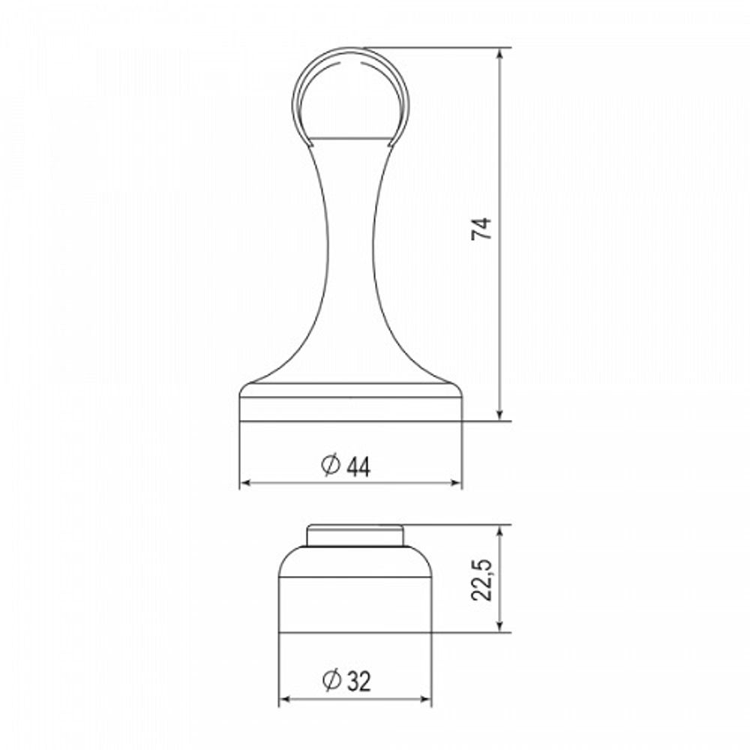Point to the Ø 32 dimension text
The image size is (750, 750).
pos(346,681)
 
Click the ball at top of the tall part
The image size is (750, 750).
pos(350,94)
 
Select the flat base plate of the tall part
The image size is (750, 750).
pos(350,405)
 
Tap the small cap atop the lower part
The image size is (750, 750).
pos(355,536)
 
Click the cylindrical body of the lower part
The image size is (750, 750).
pos(355,604)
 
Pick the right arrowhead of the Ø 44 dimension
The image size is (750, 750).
pos(457,483)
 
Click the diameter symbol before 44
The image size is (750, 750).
pos(331,465)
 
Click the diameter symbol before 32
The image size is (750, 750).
pos(331,680)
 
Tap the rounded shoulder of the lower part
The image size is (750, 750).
pos(355,562)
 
